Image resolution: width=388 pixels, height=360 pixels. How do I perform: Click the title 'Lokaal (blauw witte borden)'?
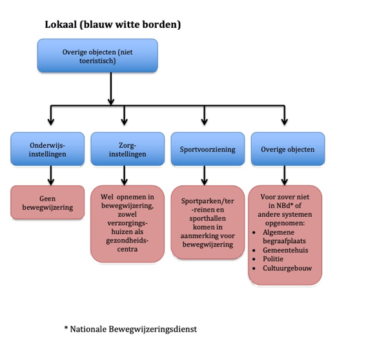click(112, 25)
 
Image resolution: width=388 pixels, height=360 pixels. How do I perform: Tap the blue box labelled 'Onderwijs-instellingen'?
click(47, 149)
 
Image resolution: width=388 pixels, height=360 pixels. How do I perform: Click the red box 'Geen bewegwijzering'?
click(47, 202)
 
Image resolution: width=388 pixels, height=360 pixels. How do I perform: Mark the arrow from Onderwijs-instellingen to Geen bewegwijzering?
click(51, 175)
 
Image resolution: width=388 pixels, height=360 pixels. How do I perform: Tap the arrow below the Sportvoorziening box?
click(205, 175)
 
